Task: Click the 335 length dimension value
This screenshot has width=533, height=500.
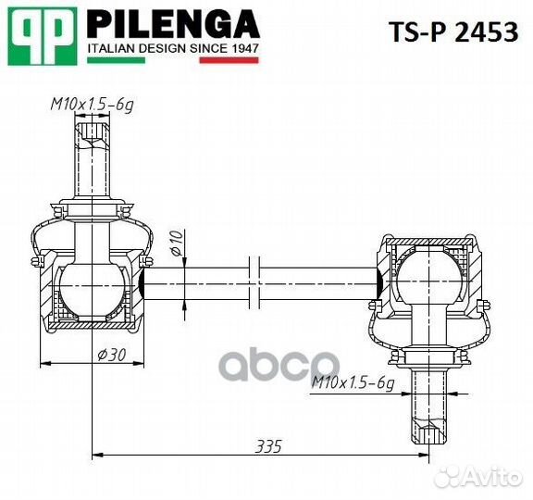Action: [x=267, y=446]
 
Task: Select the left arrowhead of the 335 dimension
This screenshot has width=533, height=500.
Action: [x=99, y=454]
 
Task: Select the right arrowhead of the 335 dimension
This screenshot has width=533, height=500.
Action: [x=428, y=454]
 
